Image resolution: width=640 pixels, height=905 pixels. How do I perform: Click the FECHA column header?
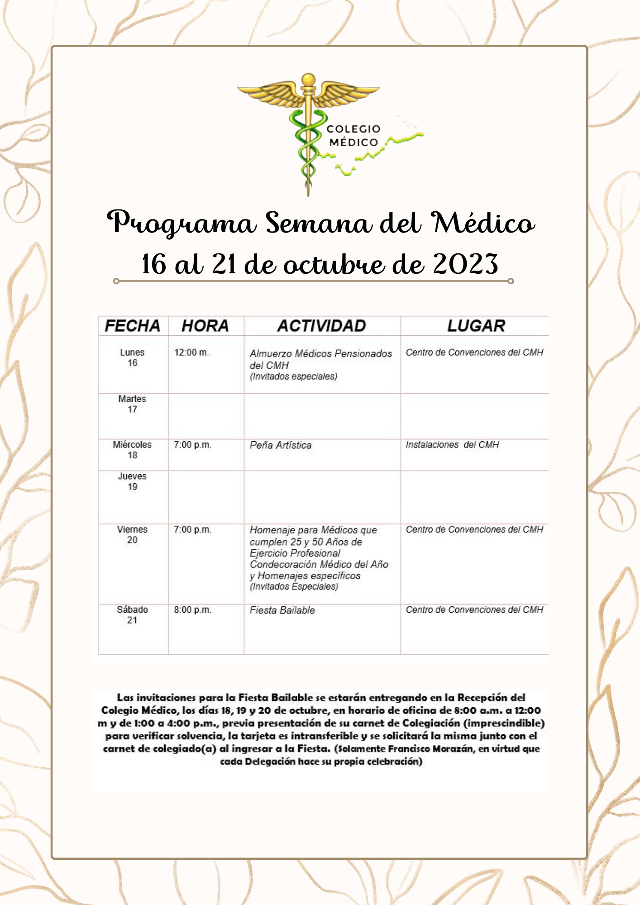tap(133, 326)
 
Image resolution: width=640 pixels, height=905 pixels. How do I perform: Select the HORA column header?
tap(205, 326)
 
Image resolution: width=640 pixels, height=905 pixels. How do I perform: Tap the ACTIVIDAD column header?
tap(321, 326)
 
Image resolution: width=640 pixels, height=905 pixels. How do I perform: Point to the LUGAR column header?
tap(476, 326)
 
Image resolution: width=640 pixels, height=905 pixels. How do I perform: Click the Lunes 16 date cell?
tap(132, 357)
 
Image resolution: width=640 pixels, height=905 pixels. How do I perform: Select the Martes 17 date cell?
tap(132, 404)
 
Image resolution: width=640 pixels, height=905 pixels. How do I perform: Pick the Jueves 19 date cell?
tap(132, 481)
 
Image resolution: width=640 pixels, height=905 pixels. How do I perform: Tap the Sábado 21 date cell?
tap(132, 615)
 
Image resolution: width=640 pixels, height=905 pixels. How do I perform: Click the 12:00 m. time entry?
tap(191, 352)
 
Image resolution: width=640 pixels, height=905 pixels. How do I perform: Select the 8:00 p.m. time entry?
tap(192, 610)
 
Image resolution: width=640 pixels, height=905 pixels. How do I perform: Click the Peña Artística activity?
tap(281, 445)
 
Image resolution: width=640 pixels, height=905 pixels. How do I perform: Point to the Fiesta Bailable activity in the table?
tap(282, 610)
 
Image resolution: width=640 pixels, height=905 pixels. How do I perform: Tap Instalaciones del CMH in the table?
tap(452, 445)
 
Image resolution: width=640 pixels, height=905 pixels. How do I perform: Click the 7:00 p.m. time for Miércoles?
tap(192, 445)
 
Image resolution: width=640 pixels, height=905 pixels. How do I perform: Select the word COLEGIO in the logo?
tap(353, 129)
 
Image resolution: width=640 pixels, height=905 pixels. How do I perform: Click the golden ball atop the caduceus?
tap(308, 80)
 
